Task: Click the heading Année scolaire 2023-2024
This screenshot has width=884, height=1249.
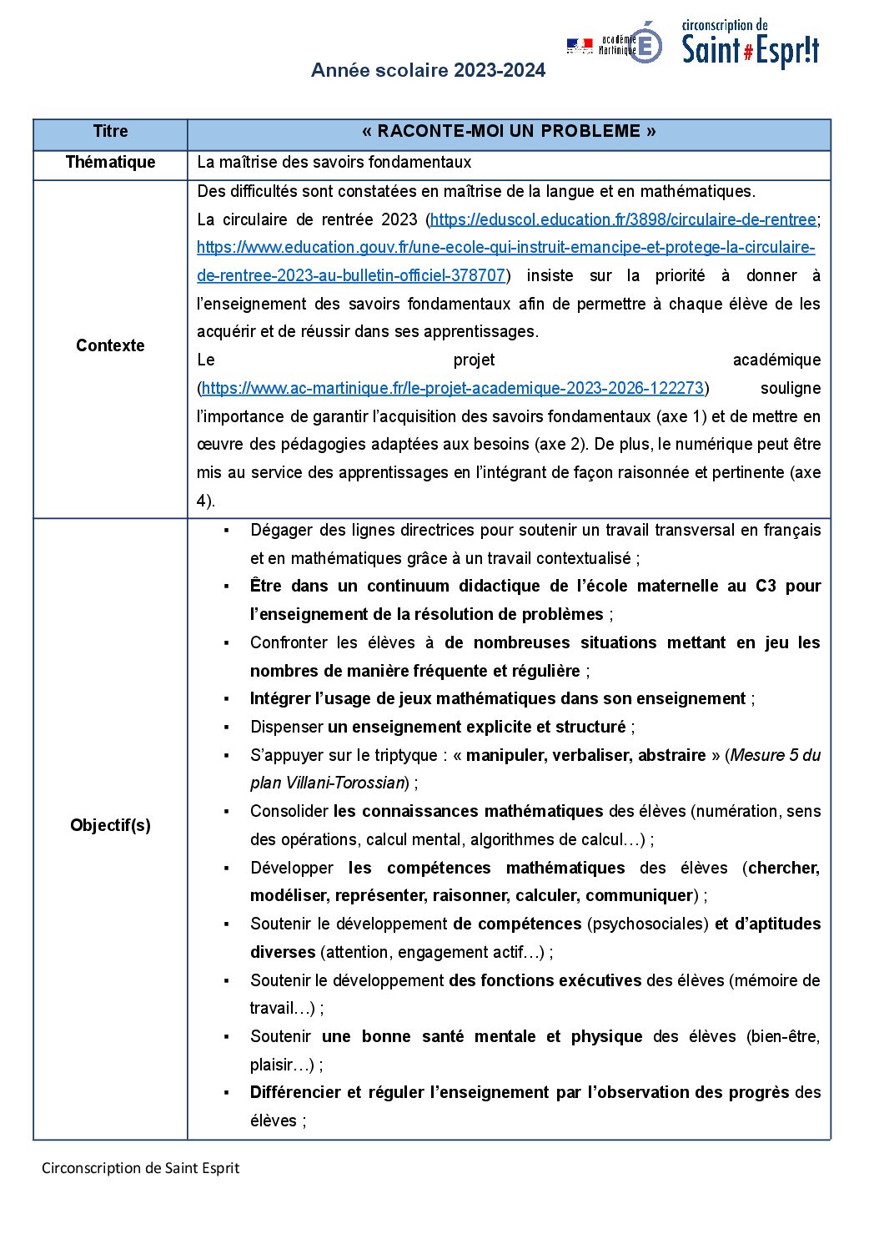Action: coord(428,70)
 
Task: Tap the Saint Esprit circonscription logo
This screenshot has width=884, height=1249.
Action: coord(750,45)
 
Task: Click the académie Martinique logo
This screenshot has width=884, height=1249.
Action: coord(615,44)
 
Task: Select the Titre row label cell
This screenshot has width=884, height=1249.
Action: coord(110,132)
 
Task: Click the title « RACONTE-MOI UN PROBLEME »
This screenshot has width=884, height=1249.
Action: coord(509,132)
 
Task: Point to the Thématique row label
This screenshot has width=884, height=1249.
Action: coord(110,162)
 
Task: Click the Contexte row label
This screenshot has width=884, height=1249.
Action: coord(110,345)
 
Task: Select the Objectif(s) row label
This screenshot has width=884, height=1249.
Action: coord(110,825)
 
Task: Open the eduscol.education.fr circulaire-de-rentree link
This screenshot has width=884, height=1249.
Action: coord(622,219)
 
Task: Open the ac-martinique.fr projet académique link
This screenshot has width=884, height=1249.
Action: coord(453,388)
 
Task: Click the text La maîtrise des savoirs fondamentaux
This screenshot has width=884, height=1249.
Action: coord(334,162)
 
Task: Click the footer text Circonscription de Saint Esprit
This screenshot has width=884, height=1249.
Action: coord(140,1168)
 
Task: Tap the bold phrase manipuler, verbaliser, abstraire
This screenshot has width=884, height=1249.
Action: coord(585,755)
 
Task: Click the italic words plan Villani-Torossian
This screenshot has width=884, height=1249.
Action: coord(327,783)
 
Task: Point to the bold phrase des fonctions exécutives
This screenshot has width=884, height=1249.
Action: coord(545,980)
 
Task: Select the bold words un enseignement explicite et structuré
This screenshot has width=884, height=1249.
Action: coord(476,727)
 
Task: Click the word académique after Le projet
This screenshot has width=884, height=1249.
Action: coord(776,360)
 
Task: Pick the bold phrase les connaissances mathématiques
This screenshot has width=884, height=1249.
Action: coord(468,811)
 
